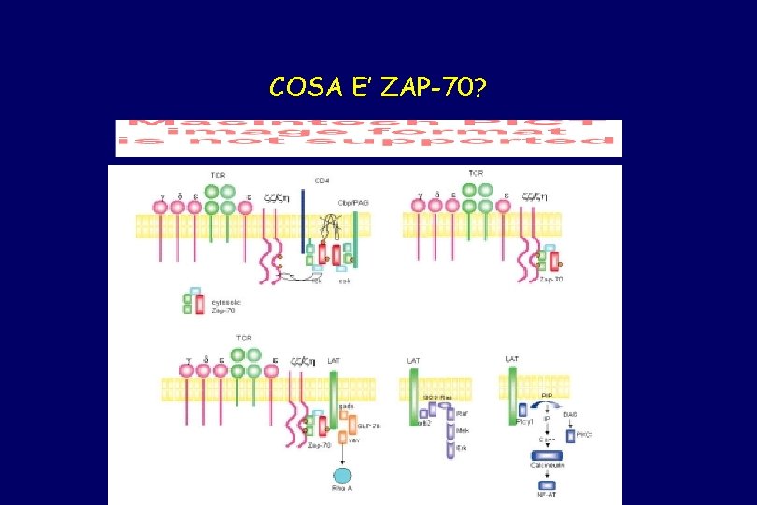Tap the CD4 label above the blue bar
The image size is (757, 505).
321,180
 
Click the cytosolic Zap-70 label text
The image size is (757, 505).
222,302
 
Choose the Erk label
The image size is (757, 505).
463,449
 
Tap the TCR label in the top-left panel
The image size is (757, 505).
218,176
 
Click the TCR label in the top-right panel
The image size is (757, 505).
475,174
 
